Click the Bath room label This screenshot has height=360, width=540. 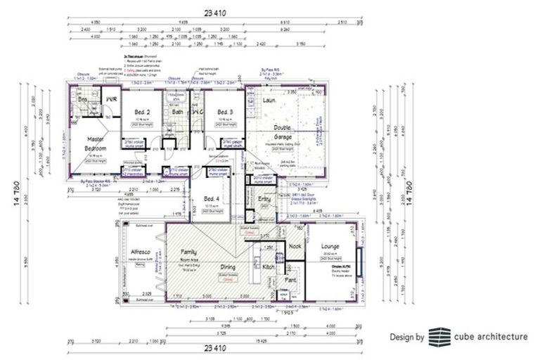177,112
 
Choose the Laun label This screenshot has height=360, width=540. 268,101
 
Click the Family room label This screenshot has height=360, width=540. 188,251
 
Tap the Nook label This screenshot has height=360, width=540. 294,246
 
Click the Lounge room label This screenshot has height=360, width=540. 330,246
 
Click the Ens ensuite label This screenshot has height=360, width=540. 82,101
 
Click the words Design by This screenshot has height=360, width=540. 407,337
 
